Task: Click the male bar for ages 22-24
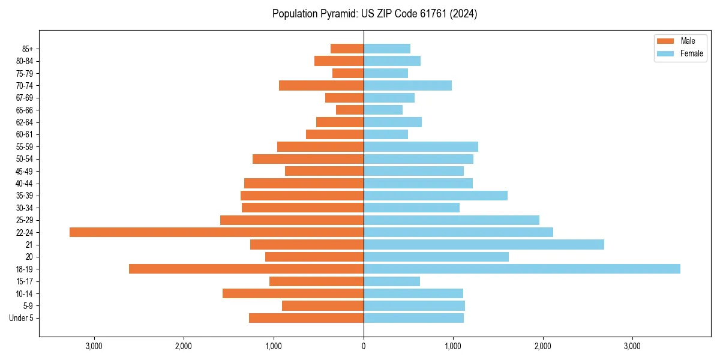point(217,232)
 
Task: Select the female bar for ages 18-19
point(522,269)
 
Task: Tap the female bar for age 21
point(484,244)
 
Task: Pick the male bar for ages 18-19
point(246,269)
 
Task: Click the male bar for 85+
point(347,49)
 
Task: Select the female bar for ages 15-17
point(392,281)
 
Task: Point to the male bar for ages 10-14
point(293,293)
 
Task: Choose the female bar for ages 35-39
point(436,196)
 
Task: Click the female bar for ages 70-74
point(407,85)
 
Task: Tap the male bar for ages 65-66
point(350,110)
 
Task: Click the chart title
point(374,14)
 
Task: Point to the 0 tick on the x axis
point(364,346)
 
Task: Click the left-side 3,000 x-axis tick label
point(94,346)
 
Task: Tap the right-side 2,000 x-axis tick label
point(542,346)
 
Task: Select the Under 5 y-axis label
point(21,318)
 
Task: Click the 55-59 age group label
point(25,146)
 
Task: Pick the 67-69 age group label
point(25,98)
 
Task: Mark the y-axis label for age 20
point(29,257)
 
